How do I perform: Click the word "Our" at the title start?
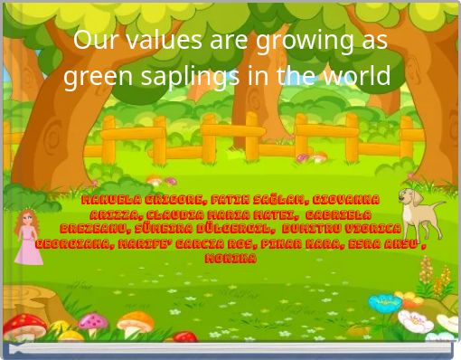click(91, 41)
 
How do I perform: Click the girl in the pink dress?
click(28, 237)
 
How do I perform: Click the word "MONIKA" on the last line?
click(230, 259)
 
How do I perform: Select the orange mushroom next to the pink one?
click(135, 323)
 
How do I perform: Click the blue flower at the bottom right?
click(385, 304)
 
